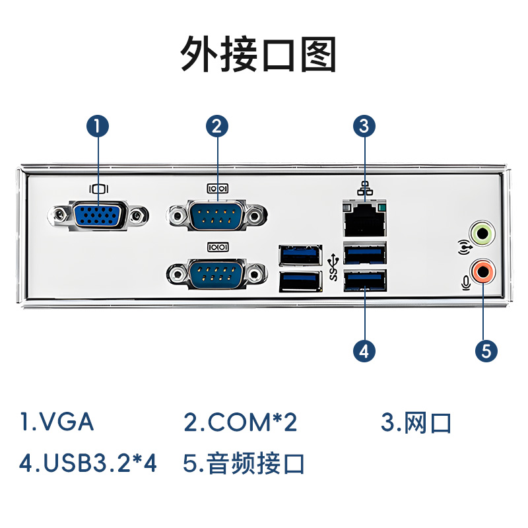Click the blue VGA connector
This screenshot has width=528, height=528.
[98, 215]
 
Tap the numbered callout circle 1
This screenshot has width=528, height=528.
[98, 125]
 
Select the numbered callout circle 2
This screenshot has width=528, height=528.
[217, 125]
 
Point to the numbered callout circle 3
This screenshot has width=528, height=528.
[364, 125]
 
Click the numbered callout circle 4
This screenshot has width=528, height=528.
[364, 350]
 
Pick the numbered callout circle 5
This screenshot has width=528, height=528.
[486, 350]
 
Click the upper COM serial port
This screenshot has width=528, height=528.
[218, 215]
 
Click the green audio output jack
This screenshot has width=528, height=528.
[482, 232]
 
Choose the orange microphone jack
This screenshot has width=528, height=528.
[482, 270]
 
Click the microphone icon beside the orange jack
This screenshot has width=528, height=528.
[466, 282]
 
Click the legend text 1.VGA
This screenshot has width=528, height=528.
[57, 422]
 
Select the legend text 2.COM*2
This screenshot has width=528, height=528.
[240, 422]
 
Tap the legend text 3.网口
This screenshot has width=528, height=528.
[416, 422]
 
